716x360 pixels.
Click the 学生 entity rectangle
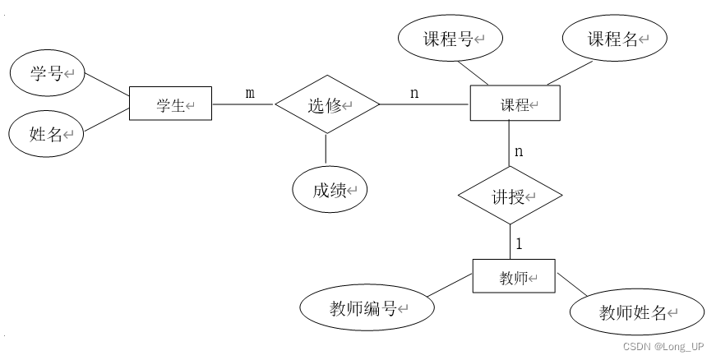(x=170, y=105)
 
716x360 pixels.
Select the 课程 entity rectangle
(x=515, y=105)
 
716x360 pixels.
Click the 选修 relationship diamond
(x=326, y=105)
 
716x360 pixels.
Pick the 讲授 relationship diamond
(x=510, y=197)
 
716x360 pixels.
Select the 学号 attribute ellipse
(x=47, y=74)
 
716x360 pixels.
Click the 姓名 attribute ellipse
(x=46, y=133)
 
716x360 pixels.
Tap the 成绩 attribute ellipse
(x=330, y=191)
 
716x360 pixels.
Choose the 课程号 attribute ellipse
(x=450, y=39)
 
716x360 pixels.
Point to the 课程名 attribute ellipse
(x=615, y=39)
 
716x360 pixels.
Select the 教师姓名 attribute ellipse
(x=637, y=313)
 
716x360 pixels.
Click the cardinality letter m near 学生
(x=250, y=94)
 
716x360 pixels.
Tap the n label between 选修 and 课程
(x=413, y=94)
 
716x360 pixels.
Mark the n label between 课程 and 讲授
(x=519, y=151)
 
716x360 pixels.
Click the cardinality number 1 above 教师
(x=519, y=244)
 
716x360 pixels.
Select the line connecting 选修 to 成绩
(x=326, y=148)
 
